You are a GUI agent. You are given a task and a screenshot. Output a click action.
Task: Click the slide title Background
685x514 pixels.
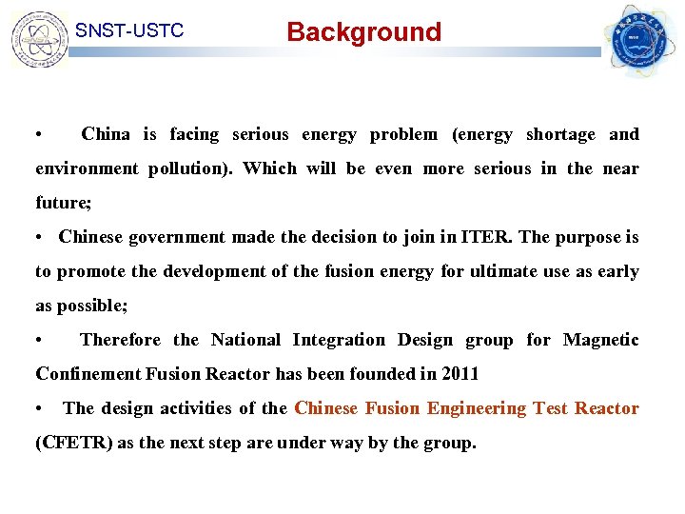[364, 32]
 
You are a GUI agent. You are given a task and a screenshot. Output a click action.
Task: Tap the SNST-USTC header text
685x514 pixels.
[129, 30]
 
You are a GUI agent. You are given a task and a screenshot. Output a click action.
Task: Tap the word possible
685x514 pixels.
[92, 306]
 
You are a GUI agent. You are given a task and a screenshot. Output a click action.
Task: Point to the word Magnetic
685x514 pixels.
[601, 340]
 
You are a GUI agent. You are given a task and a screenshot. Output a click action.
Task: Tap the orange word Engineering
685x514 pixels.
[477, 408]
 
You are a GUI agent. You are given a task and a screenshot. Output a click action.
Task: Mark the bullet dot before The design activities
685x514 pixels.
[39, 408]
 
